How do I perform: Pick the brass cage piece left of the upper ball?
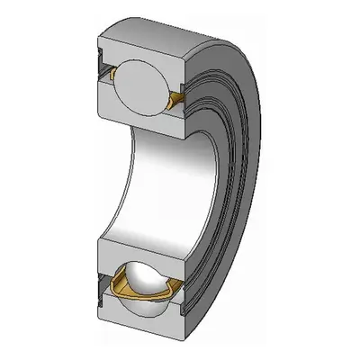[112, 72]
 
